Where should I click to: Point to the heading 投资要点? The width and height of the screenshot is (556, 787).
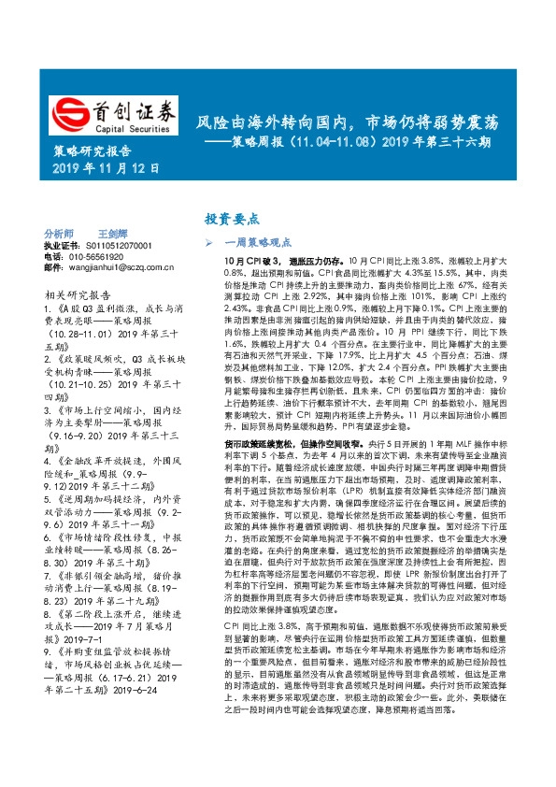pyautogui.click(x=231, y=218)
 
